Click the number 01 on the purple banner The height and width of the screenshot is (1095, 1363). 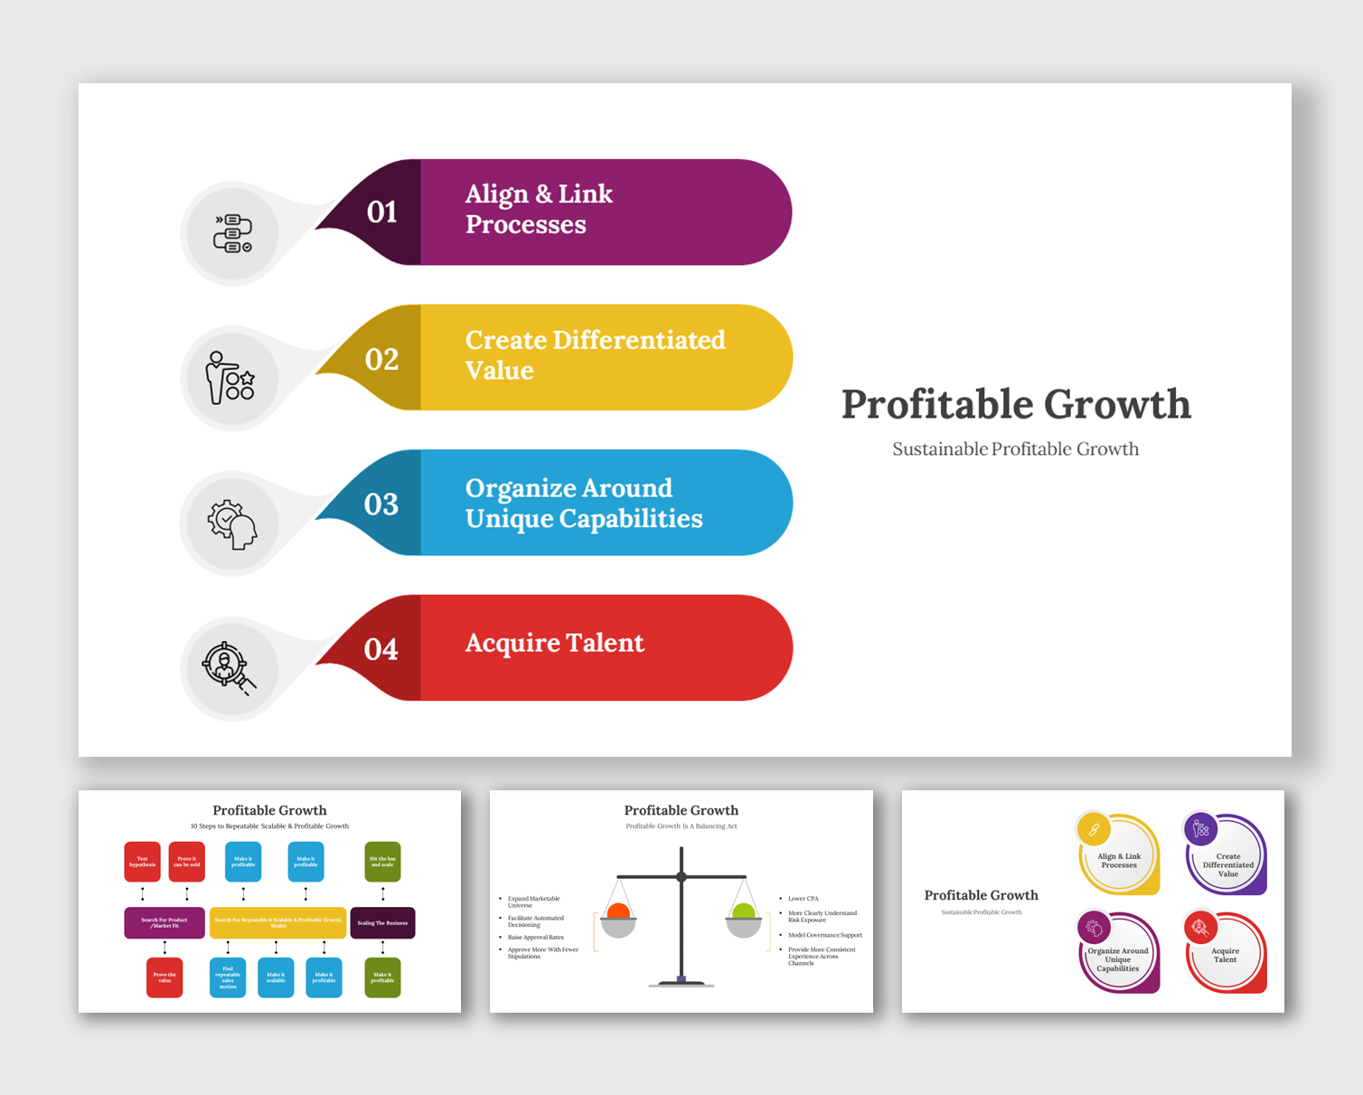[381, 212]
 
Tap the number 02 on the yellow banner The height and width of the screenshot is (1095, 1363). [381, 360]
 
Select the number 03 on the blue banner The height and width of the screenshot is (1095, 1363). [381, 505]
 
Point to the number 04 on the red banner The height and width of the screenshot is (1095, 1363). [381, 650]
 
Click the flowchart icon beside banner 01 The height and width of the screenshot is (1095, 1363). [232, 234]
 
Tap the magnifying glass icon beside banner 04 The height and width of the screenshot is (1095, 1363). [229, 668]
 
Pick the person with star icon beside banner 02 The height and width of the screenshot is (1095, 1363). [230, 378]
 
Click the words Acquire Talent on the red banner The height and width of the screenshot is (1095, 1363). [554, 643]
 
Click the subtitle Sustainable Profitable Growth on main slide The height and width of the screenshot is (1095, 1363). [1015, 449]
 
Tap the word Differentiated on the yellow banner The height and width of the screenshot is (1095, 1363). [638, 340]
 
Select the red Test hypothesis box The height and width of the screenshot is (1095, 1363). [142, 862]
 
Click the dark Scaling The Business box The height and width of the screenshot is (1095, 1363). [382, 923]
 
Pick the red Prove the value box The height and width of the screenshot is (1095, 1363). [164, 977]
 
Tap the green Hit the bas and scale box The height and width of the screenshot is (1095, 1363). [382, 862]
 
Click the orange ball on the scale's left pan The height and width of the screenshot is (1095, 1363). [618, 911]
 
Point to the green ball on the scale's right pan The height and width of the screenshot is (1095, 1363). [744, 911]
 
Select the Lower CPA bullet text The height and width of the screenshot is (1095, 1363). [803, 899]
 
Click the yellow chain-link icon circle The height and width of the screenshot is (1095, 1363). [1094, 829]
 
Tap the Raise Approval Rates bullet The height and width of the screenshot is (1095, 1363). [536, 938]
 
